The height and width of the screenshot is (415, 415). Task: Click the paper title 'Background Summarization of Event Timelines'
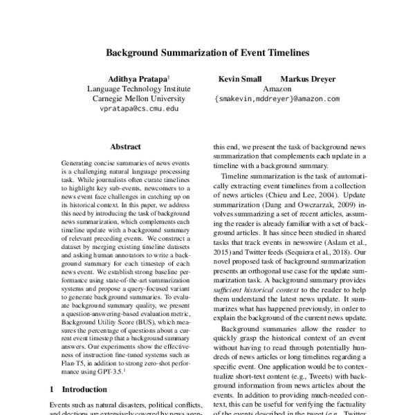207,53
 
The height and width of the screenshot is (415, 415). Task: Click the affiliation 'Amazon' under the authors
277,89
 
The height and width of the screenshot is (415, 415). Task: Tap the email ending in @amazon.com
277,99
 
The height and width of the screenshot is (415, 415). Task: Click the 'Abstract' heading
125,147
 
